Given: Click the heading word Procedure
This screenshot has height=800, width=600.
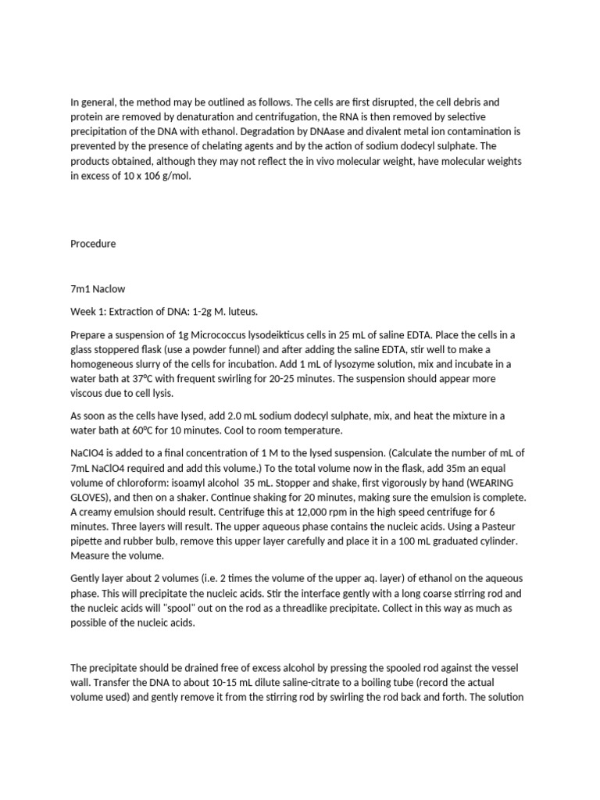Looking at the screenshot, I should click(x=93, y=244).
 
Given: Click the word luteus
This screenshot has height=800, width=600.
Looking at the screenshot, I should click(x=228, y=312).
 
